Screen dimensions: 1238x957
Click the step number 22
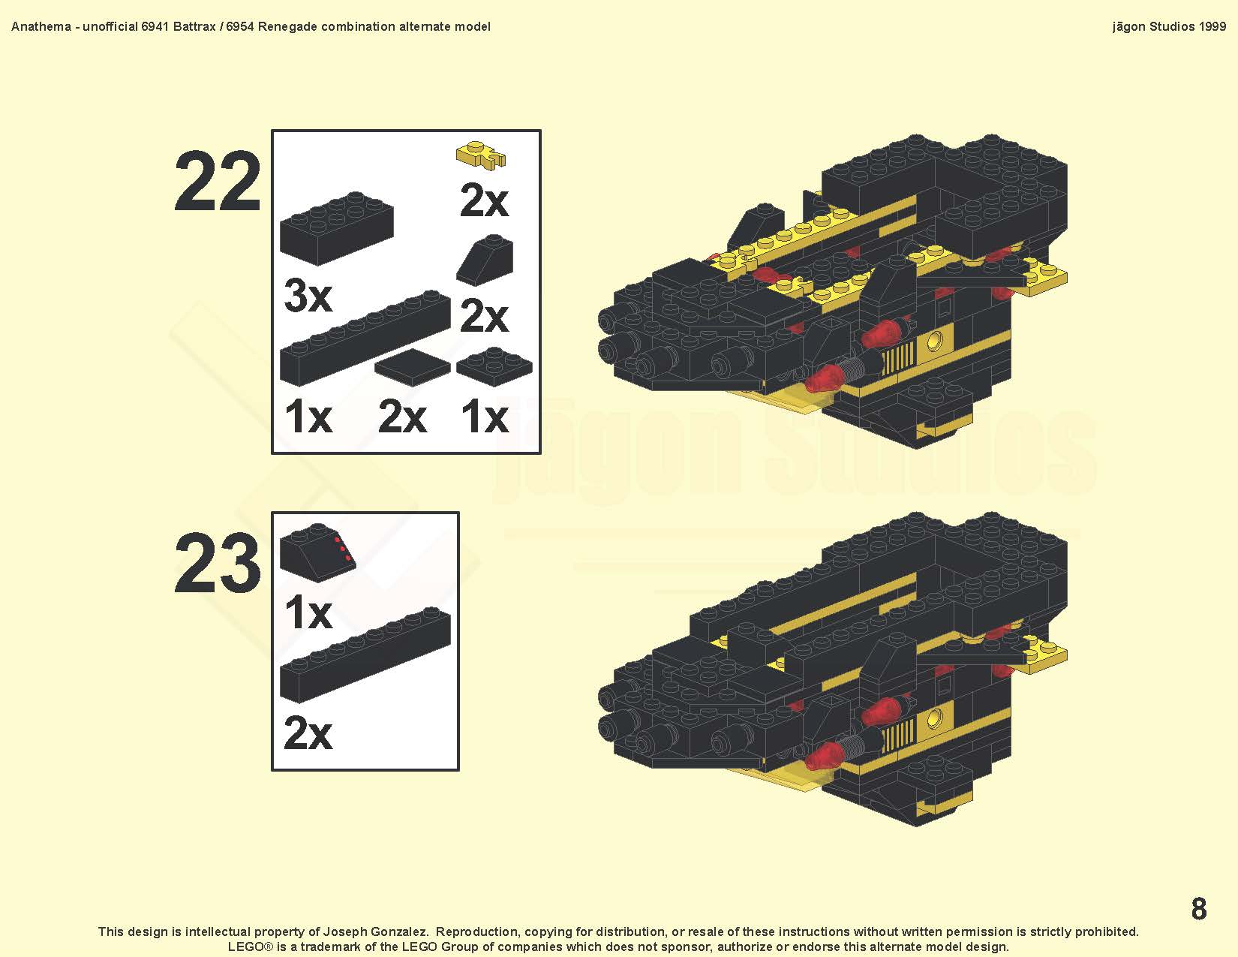(x=217, y=182)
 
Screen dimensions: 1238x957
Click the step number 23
(x=217, y=563)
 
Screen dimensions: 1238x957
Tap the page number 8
(x=1199, y=908)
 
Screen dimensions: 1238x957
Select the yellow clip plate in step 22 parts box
(x=482, y=155)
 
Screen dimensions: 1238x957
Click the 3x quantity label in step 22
(x=308, y=296)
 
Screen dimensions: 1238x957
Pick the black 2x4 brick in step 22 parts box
(x=337, y=228)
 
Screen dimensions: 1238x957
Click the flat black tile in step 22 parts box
(x=413, y=367)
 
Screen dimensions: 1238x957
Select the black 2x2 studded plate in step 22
(x=494, y=366)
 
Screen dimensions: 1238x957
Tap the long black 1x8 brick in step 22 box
(x=365, y=338)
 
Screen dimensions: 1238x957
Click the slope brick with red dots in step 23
(x=318, y=552)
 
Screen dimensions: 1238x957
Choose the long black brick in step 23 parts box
(x=365, y=655)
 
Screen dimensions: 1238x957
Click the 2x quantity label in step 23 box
(x=308, y=733)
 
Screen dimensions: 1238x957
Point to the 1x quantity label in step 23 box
(x=308, y=612)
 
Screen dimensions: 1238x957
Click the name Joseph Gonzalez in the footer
(x=375, y=932)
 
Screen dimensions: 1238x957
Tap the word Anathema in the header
(x=41, y=26)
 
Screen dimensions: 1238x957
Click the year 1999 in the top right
(x=1212, y=26)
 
